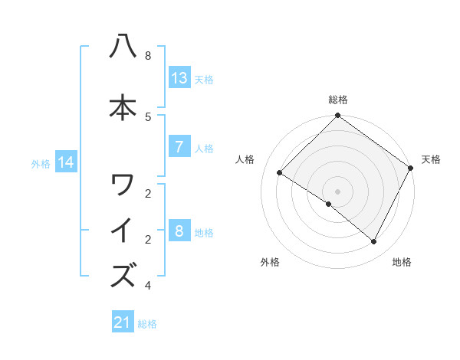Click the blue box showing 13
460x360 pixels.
(179, 77)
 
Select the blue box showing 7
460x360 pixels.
(179, 147)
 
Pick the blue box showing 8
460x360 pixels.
(179, 231)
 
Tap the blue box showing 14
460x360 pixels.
(67, 162)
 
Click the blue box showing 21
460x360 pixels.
(123, 322)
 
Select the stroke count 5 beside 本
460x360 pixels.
(148, 116)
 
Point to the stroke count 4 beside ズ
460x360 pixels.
(148, 286)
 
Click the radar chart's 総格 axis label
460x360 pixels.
(338, 100)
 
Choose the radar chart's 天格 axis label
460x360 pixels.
(431, 159)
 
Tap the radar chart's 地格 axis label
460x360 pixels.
(402, 262)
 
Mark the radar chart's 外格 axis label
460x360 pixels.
(270, 262)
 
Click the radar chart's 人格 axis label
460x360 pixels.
(245, 159)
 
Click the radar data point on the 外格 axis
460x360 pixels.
(329, 205)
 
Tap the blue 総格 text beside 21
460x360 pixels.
(147, 323)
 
